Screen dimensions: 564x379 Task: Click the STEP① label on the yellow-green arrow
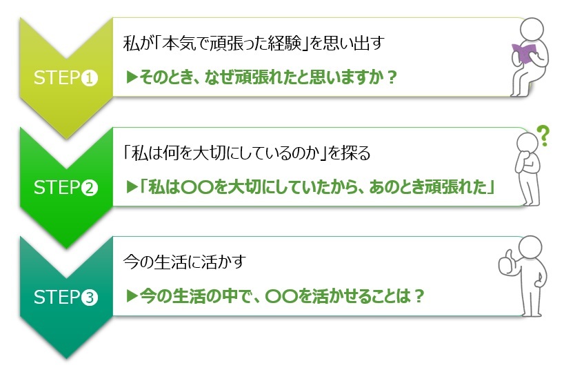(66, 78)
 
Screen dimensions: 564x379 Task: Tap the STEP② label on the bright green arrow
(66, 187)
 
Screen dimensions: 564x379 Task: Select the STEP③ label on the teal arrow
(66, 298)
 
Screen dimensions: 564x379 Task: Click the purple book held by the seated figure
(523, 53)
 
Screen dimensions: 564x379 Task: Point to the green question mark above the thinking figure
(543, 135)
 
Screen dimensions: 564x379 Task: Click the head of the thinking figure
(527, 143)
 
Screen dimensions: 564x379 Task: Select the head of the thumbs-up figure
(530, 248)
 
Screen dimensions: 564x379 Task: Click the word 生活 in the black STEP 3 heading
(169, 262)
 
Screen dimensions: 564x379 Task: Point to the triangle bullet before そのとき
(132, 77)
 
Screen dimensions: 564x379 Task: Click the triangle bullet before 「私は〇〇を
(132, 187)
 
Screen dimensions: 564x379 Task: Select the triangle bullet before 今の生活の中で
(132, 296)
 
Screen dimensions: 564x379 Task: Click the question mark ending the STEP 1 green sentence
(392, 77)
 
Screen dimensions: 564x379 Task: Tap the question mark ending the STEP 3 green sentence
(419, 296)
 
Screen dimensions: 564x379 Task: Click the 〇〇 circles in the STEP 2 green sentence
(197, 187)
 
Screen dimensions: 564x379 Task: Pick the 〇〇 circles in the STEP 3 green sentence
(281, 296)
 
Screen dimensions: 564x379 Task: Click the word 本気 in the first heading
(179, 43)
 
